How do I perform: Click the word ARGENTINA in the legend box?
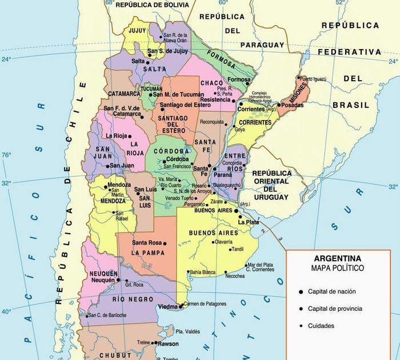pyautogui.click(x=337, y=258)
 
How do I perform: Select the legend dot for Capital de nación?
pyautogui.click(x=301, y=292)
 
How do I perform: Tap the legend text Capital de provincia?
pyautogui.click(x=335, y=309)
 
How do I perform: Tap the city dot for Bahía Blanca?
pyautogui.click(x=189, y=272)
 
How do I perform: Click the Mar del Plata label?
pyautogui.click(x=259, y=265)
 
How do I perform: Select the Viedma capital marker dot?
pyautogui.click(x=181, y=307)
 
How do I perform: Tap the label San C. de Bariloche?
pyautogui.click(x=106, y=315)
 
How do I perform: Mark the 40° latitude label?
pyautogui.click(x=6, y=312)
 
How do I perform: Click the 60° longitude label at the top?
pyautogui.click(x=223, y=3)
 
